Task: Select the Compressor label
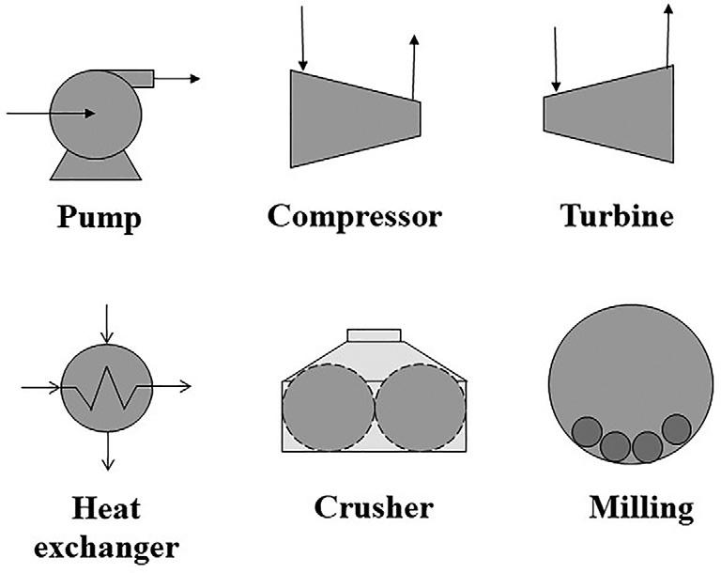pos(354,216)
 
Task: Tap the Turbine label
pos(617,216)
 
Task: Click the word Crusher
pos(374,508)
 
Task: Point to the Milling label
pos(641,508)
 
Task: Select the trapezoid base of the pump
pos(97,166)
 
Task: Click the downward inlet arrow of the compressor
pos(301,38)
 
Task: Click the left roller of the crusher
pos(327,405)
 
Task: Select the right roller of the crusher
pos(420,405)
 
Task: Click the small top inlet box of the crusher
pos(375,335)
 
